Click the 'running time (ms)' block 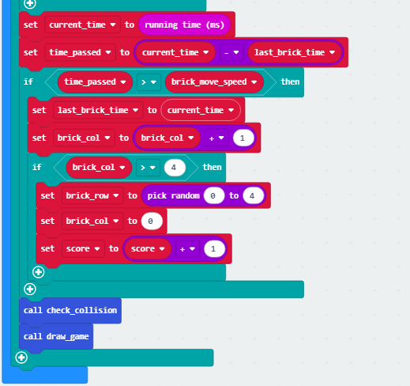(184, 25)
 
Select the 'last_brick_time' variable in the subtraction (295, 52)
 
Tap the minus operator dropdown (231, 52)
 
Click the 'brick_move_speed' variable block (214, 82)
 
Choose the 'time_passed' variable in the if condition (95, 82)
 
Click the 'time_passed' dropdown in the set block (80, 52)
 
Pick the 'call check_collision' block (70, 310)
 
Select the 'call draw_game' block (56, 336)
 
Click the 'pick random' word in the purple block (173, 195)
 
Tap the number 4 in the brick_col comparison (175, 168)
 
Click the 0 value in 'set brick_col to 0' (152, 221)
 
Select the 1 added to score (214, 248)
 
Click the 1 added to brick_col (243, 138)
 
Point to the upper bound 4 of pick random (253, 195)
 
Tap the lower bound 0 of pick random (214, 195)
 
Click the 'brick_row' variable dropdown (92, 195)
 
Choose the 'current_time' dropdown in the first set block (82, 25)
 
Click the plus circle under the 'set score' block (39, 272)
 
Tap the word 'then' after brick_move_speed (290, 81)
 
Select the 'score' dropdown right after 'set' (83, 248)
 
